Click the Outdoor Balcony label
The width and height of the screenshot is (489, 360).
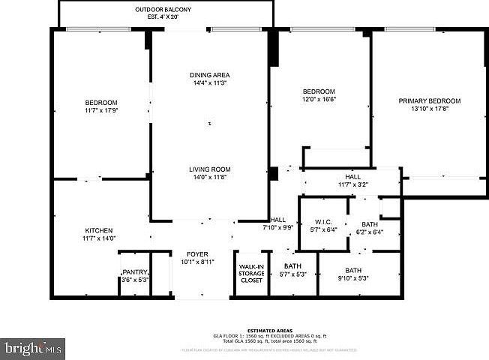click(163, 9)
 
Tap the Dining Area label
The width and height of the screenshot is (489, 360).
click(209, 75)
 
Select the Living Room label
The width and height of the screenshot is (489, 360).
click(209, 169)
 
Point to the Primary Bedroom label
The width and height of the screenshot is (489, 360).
click(429, 100)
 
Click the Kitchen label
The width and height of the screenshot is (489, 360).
click(98, 230)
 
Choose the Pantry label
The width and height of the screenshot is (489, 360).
click(135, 272)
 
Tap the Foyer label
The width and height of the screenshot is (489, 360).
click(197, 254)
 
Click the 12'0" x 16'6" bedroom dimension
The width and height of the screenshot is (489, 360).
click(319, 99)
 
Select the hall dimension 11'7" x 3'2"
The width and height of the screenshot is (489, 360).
click(353, 184)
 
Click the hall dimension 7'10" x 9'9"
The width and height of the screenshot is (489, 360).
click(277, 227)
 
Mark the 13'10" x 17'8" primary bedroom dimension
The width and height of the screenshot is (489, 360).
click(429, 109)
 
